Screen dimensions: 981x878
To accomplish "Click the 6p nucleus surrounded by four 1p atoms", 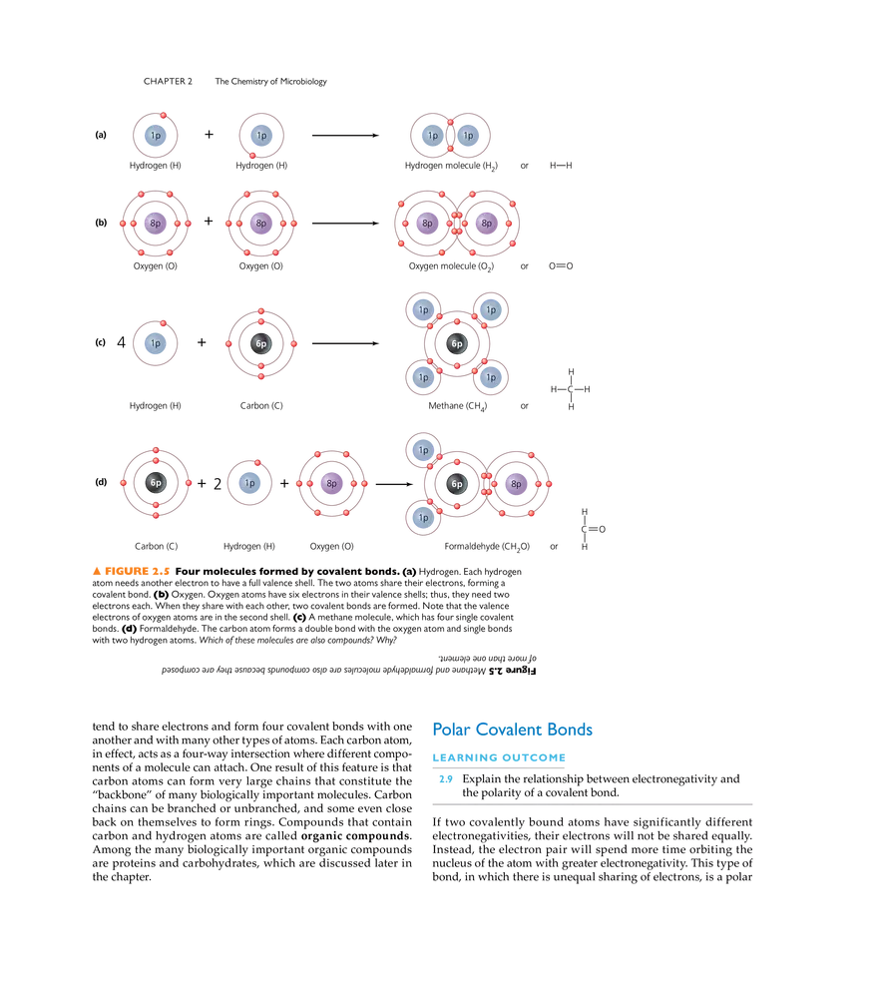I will pos(457,343).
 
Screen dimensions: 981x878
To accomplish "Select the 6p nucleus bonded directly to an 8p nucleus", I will pos(457,484).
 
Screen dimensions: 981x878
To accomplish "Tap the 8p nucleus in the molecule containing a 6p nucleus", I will pos(515,484).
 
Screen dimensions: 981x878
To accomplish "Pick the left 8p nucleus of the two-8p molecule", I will pos(427,223).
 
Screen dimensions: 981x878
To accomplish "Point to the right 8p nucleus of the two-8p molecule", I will pos(486,223).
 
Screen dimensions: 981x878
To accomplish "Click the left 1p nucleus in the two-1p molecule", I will pos(432,135).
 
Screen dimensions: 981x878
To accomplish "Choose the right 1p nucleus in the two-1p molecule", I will pos(468,135).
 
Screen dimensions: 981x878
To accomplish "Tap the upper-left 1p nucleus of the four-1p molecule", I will pos(423,308).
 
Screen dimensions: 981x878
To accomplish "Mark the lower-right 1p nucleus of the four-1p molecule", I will pos(490,378).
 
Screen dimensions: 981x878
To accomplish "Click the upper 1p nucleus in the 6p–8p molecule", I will pos(423,450).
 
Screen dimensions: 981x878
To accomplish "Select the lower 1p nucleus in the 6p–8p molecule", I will pos(423,519).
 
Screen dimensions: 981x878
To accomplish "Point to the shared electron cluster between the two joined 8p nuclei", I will pos(457,223).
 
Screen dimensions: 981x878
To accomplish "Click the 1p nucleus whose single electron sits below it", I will pos(261,135).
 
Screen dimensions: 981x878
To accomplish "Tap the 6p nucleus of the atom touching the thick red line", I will pos(155,483).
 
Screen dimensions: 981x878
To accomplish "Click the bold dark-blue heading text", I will pos(513,730).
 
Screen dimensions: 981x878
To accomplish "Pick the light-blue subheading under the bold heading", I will pos(499,758).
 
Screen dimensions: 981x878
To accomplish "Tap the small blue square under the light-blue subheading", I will pos(445,780).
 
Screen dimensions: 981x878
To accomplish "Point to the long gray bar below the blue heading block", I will pos(595,805).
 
